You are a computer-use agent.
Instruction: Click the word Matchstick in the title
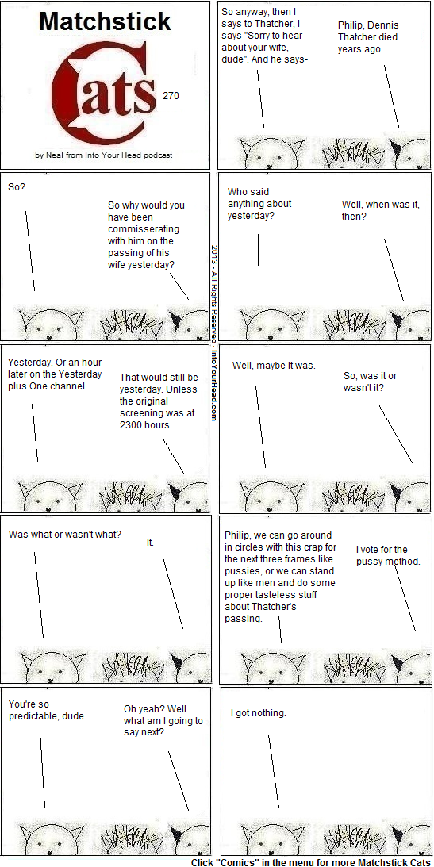105,22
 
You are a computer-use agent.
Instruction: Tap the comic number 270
171,96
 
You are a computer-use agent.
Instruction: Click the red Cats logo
104,91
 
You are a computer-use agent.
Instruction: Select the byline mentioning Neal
104,155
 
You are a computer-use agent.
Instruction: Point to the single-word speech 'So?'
17,187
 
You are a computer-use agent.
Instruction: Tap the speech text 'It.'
150,543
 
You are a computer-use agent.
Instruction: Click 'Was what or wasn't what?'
65,535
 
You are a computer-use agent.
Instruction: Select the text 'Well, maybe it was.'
274,366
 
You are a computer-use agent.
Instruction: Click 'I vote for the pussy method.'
388,555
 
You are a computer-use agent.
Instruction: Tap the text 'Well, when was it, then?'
380,210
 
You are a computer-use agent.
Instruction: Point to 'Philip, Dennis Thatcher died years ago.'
367,37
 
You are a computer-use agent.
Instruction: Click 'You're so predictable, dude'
46,710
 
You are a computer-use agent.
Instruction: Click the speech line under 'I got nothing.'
273,771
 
